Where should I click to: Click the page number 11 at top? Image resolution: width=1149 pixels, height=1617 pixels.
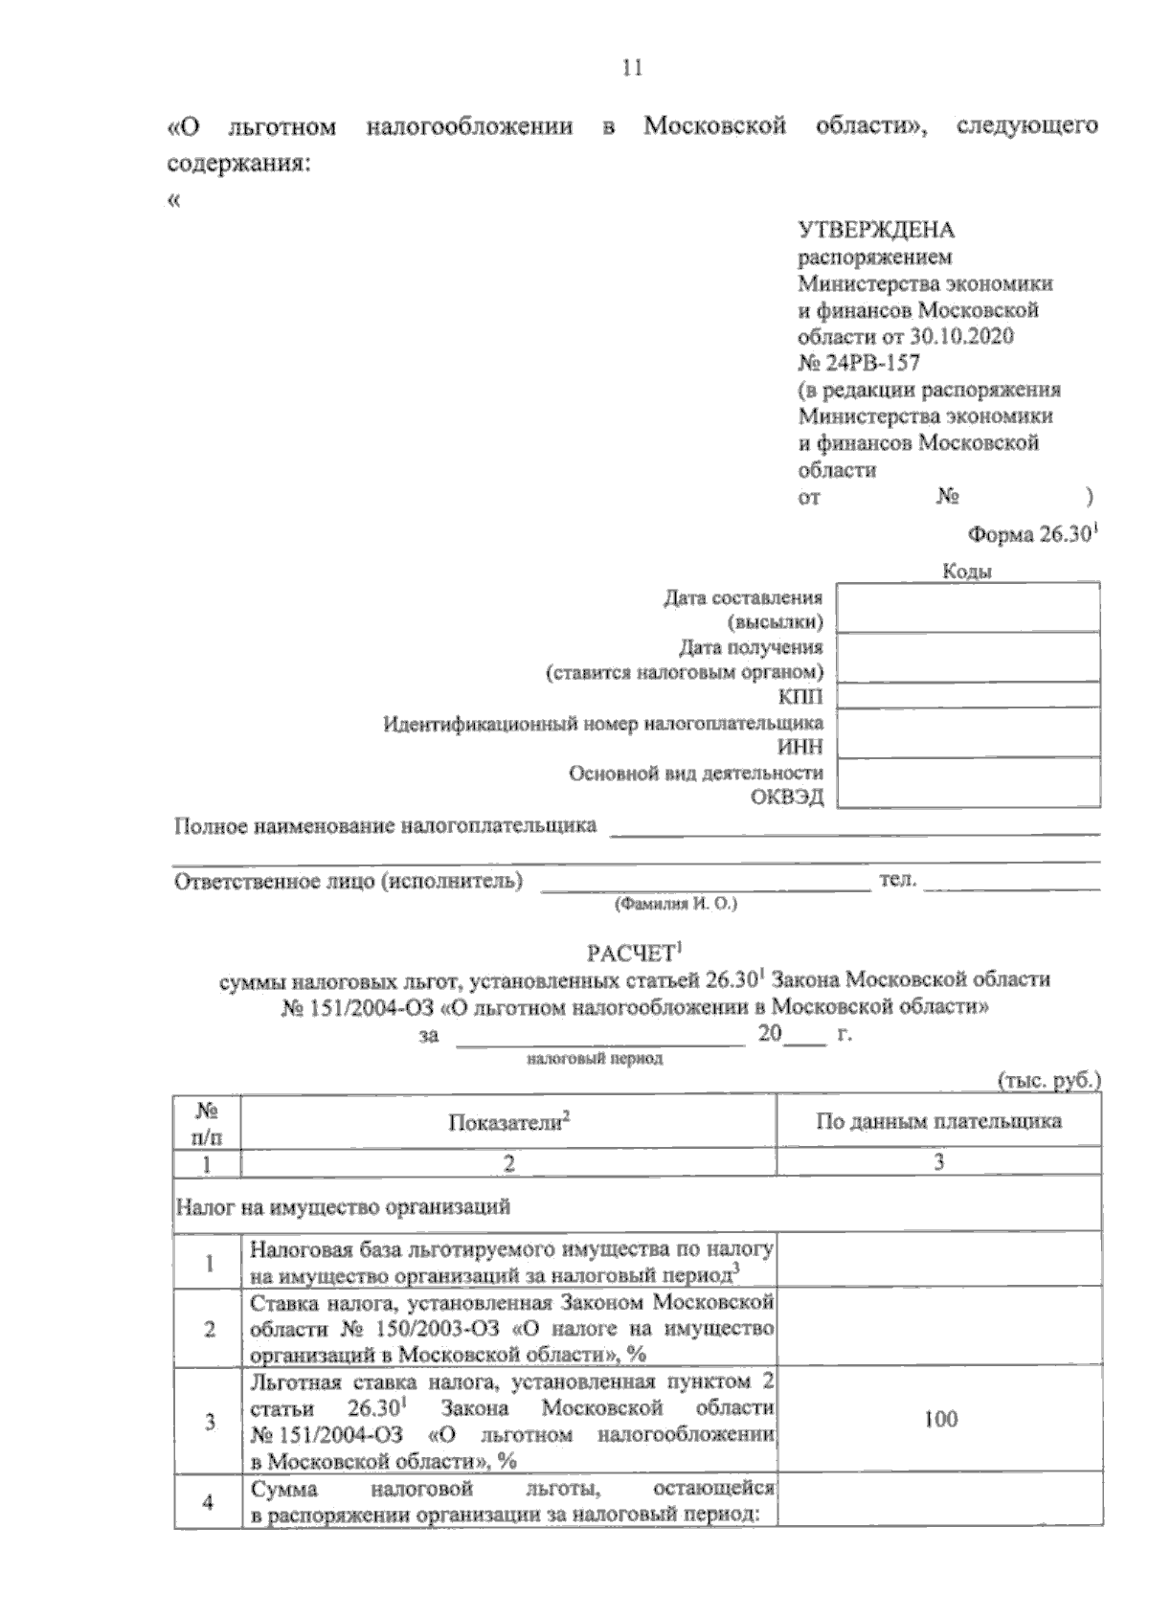[631, 68]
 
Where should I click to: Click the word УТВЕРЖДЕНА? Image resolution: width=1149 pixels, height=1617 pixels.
[876, 230]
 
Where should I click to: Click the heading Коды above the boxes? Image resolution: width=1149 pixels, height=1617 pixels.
[967, 572]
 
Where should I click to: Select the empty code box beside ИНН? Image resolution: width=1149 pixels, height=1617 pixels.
[967, 733]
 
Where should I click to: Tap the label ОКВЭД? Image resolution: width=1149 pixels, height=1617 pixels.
[787, 797]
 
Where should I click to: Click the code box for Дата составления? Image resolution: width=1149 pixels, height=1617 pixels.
[967, 608]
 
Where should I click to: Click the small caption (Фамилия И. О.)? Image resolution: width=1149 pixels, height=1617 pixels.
[675, 903]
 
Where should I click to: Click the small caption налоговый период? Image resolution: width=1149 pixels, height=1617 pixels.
[595, 1059]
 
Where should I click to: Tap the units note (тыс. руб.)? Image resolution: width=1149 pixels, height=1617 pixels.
[1048, 1081]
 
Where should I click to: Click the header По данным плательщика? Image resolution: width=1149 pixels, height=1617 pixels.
[938, 1121]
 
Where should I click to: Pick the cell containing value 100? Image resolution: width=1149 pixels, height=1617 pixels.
[939, 1420]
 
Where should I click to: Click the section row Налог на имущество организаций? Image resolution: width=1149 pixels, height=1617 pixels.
[343, 1206]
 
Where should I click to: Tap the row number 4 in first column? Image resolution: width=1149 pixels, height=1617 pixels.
[208, 1502]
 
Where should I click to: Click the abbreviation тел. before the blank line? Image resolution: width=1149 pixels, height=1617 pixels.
[897, 880]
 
